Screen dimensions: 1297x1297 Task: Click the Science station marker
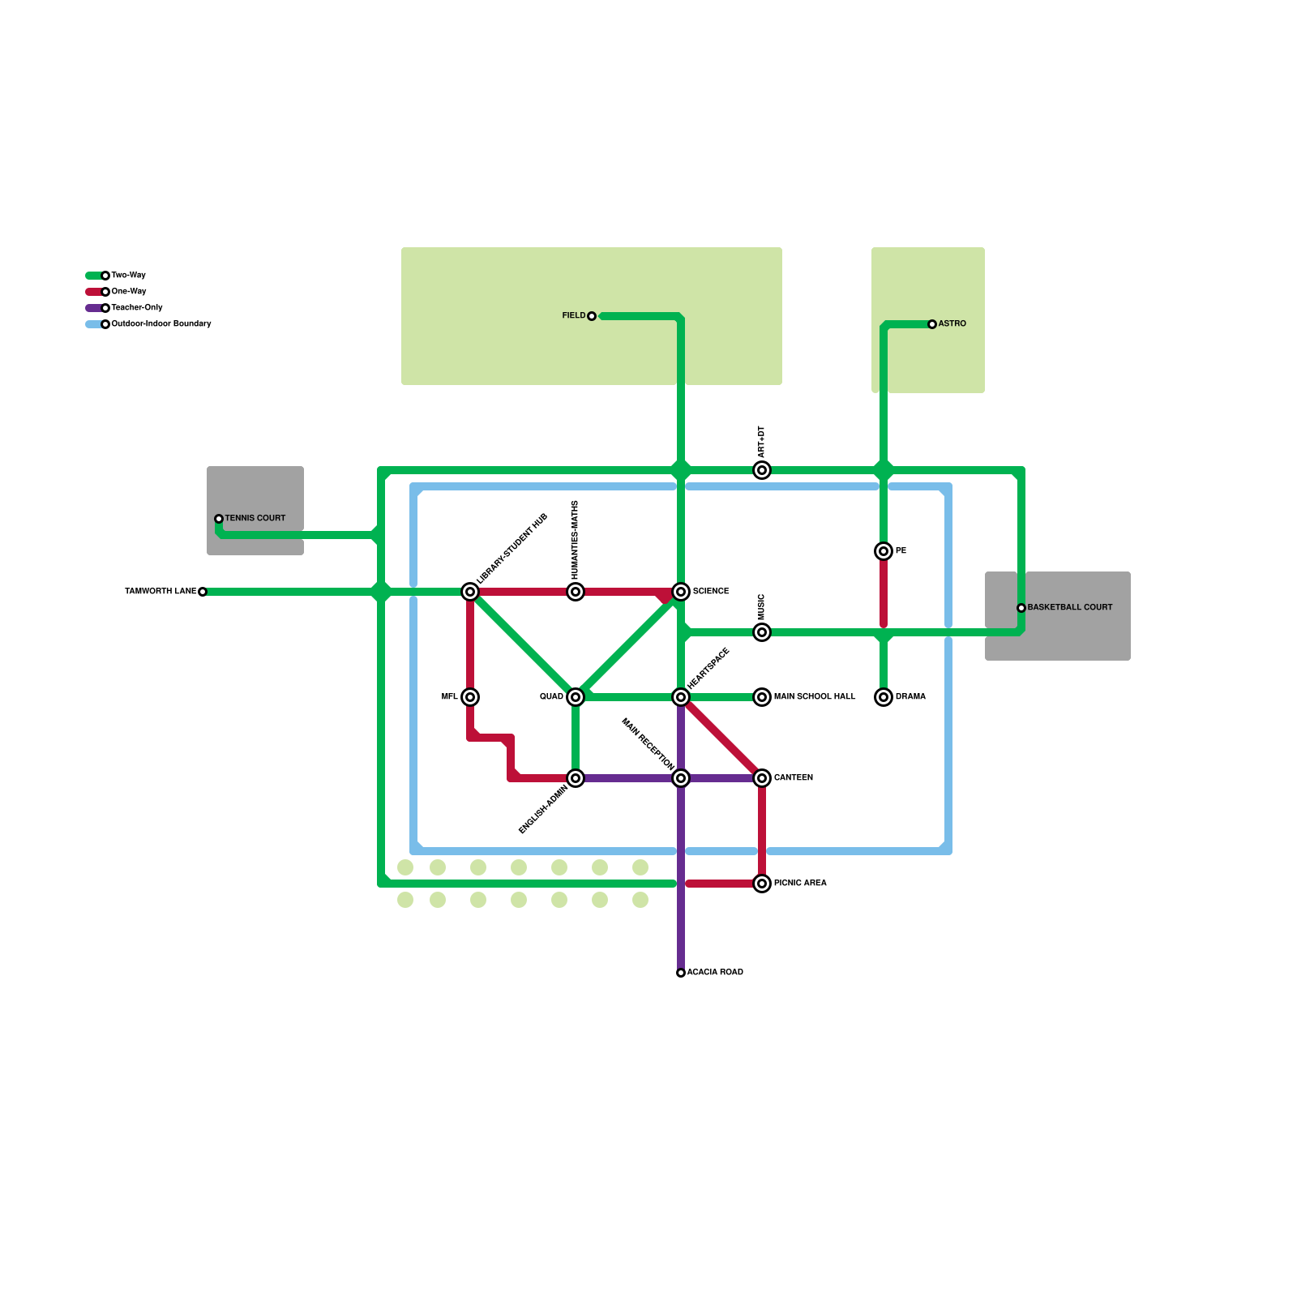coord(681,592)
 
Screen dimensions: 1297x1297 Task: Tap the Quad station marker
coord(576,697)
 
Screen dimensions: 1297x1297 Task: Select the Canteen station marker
coord(762,778)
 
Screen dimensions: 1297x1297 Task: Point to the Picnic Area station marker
coord(762,884)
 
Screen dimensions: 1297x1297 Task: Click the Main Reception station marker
coord(681,778)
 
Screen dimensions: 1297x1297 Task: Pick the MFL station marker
coord(470,697)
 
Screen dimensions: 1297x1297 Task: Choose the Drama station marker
coord(884,697)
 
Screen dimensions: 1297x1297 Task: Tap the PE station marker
coord(884,551)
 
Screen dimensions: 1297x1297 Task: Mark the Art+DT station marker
coord(762,470)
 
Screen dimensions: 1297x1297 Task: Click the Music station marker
coord(762,632)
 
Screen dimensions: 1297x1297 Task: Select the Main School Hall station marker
coord(762,697)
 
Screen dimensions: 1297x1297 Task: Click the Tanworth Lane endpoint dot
coord(203,592)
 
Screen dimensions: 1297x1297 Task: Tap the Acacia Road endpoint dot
coord(681,973)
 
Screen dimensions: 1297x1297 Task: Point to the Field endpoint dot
coord(592,316)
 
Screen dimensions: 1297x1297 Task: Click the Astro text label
coord(952,324)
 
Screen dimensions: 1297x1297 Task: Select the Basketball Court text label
coord(1070,608)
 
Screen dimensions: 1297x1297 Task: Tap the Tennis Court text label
coord(255,519)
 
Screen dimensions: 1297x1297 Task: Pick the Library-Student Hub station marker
coord(470,592)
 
